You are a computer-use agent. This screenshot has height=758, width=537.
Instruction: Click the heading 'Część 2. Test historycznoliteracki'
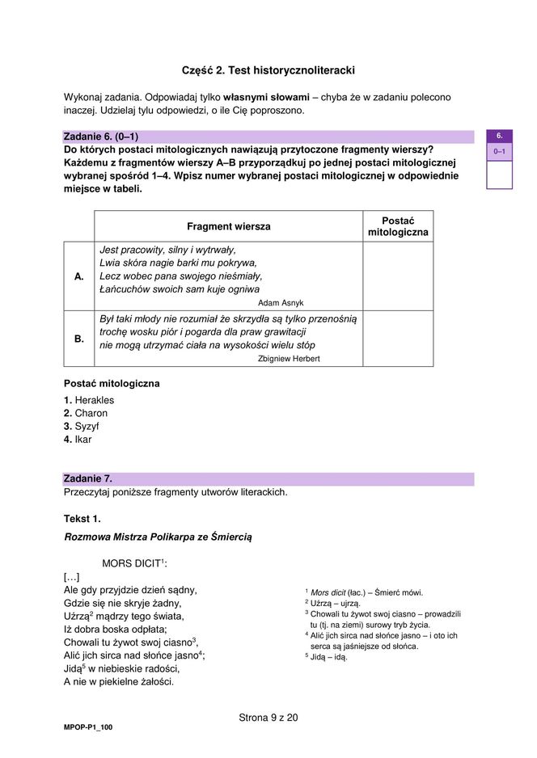coord(268,70)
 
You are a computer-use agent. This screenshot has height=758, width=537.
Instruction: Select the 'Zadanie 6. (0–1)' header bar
coord(268,137)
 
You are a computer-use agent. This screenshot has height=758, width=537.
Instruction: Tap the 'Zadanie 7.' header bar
coord(268,478)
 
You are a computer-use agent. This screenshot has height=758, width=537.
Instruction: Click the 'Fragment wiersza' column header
coord(228,226)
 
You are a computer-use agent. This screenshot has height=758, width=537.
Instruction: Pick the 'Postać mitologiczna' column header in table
coord(398,226)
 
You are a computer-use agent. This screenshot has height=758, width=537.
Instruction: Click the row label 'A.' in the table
coord(79,276)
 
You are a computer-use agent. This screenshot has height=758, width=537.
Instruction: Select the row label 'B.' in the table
coord(79,339)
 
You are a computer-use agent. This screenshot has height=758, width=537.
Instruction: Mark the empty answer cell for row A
coord(398,276)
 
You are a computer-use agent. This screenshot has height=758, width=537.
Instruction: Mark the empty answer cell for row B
coord(398,339)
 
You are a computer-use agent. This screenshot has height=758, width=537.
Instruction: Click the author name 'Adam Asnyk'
coord(281,302)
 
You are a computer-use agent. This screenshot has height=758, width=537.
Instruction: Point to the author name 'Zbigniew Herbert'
coord(289,358)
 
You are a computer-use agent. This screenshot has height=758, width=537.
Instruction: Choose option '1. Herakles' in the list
coord(89,400)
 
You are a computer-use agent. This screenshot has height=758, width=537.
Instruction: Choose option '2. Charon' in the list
coord(86,413)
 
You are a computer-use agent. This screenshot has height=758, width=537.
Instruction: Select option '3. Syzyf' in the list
coord(82,426)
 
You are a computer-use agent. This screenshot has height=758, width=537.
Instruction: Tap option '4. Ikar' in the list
coord(78,440)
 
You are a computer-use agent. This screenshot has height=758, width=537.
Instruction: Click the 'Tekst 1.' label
coord(82,518)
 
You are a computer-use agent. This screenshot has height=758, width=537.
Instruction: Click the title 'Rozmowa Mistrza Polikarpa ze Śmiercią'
coord(159,537)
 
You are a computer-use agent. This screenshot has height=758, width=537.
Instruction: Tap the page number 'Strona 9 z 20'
coord(268,717)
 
